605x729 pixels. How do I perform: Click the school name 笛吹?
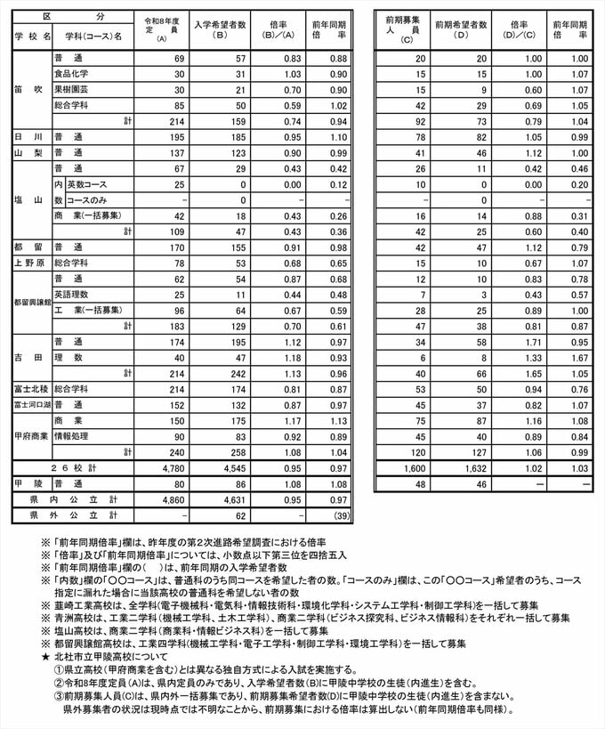tap(29, 89)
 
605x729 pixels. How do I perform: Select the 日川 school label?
tap(28, 138)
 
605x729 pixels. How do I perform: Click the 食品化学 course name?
tap(71, 73)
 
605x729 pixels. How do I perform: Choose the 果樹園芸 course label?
tap(71, 89)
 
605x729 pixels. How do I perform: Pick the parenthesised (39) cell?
tap(337, 515)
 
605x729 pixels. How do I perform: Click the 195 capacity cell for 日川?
tap(172, 138)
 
